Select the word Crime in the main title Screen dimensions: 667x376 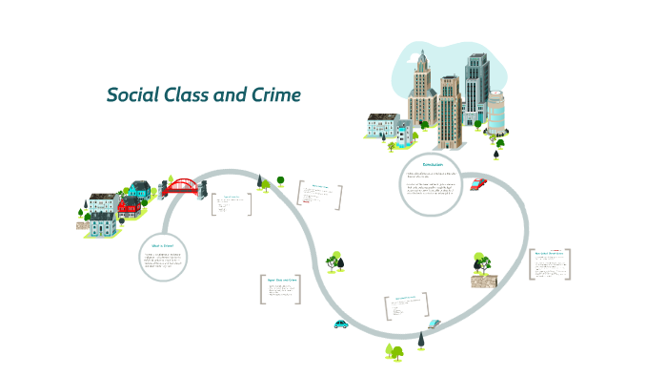point(276,95)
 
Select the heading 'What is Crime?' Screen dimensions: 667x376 point(162,244)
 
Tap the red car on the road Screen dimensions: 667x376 point(478,183)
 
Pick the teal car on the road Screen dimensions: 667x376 point(341,324)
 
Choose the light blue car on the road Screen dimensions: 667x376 point(434,324)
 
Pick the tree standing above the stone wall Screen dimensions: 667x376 point(482,261)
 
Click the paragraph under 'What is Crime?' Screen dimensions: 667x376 point(162,260)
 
